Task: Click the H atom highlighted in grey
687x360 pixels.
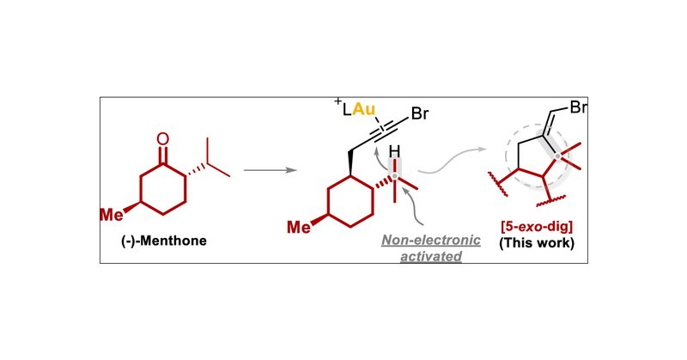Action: (x=396, y=153)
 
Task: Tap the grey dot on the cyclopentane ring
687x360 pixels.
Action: (x=561, y=157)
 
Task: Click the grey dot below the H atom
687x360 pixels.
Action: (x=396, y=178)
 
